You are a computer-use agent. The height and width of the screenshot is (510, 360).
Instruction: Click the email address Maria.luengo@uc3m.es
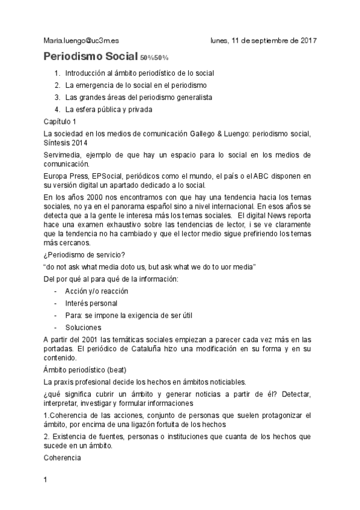[81, 41]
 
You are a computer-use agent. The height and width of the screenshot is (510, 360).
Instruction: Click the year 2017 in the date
[307, 41]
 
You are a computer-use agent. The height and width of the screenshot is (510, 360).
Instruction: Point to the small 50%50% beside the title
[154, 58]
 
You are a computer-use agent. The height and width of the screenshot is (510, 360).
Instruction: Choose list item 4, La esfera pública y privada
[109, 109]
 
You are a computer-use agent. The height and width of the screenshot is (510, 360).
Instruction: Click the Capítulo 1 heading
[60, 121]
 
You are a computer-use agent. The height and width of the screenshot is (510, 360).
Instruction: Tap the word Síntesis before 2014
[59, 143]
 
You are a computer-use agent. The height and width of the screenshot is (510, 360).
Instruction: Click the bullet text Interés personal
[91, 303]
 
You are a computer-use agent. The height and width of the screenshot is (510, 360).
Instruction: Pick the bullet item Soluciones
[84, 328]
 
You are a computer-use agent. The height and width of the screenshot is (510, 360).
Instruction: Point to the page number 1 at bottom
[46, 481]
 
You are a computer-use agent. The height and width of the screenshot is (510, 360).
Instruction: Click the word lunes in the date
[221, 41]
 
